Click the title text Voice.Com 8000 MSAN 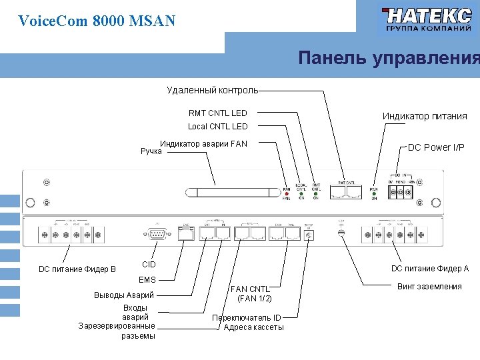pos(97,21)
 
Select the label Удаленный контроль pos(212,90)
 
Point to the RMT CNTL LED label pos(217,113)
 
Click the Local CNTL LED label pos(217,126)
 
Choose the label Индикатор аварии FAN pos(203,143)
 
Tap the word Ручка pos(151,151)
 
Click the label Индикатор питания pos(425,116)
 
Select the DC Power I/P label pos(436,147)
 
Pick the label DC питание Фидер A pos(430,269)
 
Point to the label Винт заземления pos(429,287)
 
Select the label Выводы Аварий pos(125,295)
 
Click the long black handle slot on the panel pos(233,193)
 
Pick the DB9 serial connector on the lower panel pos(159,234)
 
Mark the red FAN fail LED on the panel pos(287,192)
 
